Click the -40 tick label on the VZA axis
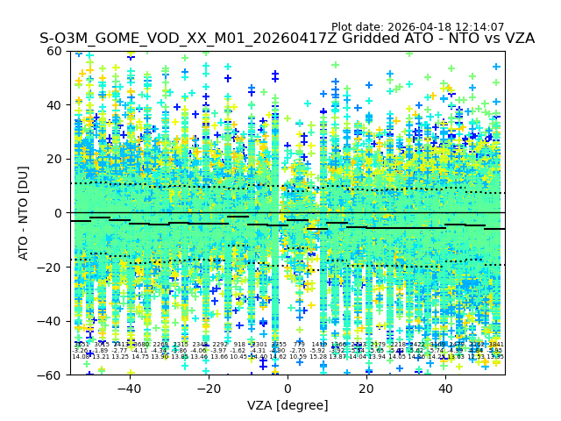click(x=129, y=389)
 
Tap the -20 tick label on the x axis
click(x=208, y=389)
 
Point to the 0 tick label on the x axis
click(x=288, y=389)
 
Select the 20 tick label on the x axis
click(x=366, y=389)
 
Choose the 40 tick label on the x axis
click(x=445, y=389)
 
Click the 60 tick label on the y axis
click(x=54, y=51)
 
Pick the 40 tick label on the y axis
click(x=54, y=105)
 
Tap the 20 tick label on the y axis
click(x=54, y=159)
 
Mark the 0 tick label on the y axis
click(x=58, y=213)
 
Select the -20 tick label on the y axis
click(x=51, y=267)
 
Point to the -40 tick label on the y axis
click(x=51, y=321)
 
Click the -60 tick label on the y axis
click(x=51, y=375)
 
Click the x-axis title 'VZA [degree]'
click(x=288, y=405)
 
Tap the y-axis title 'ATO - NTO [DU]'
click(x=25, y=213)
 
